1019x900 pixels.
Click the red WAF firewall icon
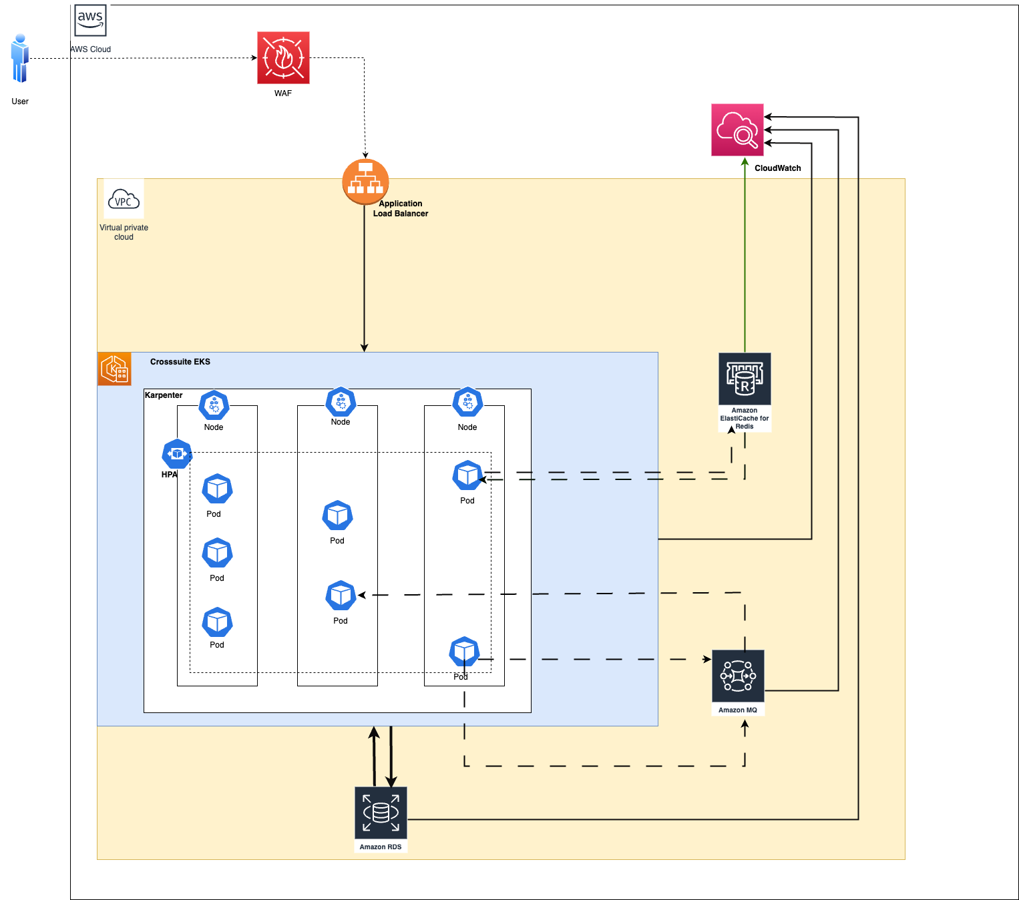(283, 58)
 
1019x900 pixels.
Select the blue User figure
(20, 59)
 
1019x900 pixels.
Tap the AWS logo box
(90, 20)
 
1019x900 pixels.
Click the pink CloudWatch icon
(737, 130)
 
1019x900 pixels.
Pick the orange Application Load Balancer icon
(365, 181)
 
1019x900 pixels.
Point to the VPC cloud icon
(124, 199)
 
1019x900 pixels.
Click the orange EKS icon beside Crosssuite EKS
(114, 369)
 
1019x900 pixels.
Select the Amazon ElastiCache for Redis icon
(745, 379)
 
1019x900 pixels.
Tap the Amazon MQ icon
(738, 676)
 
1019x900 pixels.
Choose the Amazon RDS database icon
(381, 813)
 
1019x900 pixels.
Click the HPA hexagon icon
(177, 454)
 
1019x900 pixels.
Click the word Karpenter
(164, 395)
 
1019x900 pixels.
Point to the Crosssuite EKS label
(180, 362)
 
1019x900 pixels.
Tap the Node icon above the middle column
(341, 401)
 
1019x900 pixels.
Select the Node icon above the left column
(214, 405)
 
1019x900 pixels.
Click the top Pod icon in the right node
(467, 475)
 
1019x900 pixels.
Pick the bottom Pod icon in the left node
(217, 622)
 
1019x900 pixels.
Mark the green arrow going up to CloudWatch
(745, 254)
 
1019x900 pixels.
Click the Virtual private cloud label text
(124, 232)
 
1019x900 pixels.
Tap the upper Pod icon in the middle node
(337, 515)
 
